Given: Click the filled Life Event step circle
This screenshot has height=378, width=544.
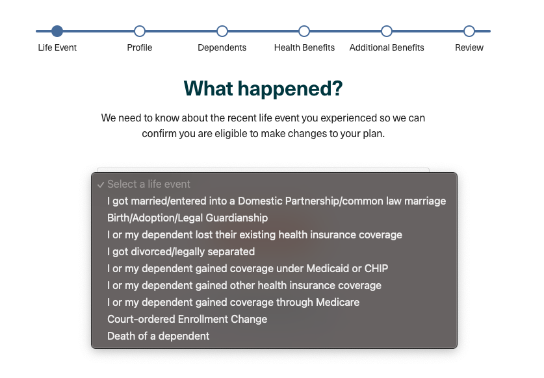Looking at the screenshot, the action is click(57, 31).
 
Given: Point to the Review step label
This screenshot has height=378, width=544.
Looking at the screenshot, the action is click(469, 47).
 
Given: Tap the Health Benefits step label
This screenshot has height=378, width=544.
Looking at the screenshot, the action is click(304, 47).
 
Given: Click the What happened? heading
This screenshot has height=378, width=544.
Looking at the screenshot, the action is click(263, 88).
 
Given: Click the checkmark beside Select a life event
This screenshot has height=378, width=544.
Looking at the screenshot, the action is click(101, 185).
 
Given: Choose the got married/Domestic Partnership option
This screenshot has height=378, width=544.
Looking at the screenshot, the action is click(276, 201).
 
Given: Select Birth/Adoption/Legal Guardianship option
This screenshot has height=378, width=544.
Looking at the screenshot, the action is click(187, 218).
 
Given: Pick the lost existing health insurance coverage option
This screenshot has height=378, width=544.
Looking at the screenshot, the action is click(255, 234).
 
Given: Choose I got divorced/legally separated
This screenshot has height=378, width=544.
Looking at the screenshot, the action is click(181, 252).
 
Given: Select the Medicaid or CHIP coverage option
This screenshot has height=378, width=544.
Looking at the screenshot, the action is click(248, 269).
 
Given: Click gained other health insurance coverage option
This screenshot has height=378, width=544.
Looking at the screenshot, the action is click(244, 285).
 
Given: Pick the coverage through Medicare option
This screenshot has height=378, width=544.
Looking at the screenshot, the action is click(233, 303).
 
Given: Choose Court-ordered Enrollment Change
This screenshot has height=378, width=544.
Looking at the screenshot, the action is click(187, 320).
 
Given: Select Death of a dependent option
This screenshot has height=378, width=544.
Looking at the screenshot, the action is click(158, 336).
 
